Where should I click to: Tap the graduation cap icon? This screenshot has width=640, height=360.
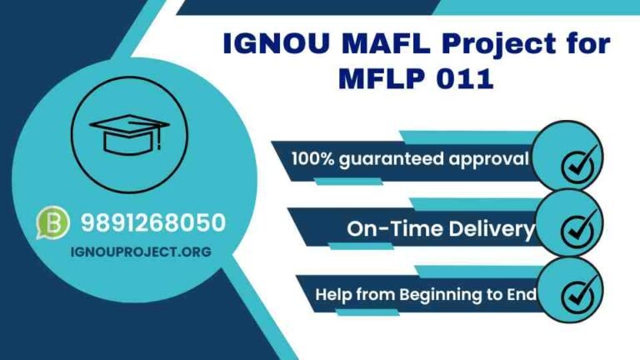click(129, 133)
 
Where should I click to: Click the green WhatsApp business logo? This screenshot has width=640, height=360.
click(53, 223)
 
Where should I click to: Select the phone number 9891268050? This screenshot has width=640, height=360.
click(153, 222)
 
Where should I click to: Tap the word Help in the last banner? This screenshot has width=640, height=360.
click(332, 294)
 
